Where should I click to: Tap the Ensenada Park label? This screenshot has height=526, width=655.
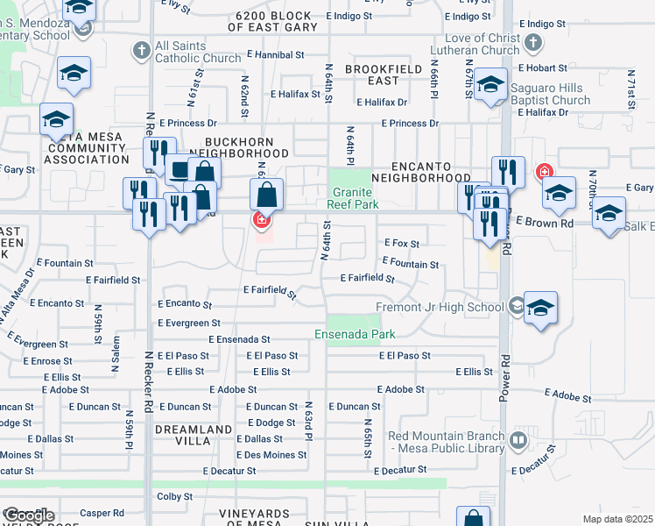click(x=356, y=334)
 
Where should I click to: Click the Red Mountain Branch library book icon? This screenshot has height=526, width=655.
click(x=518, y=441)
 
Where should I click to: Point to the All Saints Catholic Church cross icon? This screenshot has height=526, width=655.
click(x=142, y=51)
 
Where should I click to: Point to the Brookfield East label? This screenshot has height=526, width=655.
click(x=384, y=75)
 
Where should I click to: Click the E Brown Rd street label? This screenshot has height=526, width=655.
click(x=544, y=223)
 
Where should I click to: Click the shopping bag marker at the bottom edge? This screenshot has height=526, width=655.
click(x=474, y=517)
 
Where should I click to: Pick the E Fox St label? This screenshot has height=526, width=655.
click(x=402, y=244)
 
